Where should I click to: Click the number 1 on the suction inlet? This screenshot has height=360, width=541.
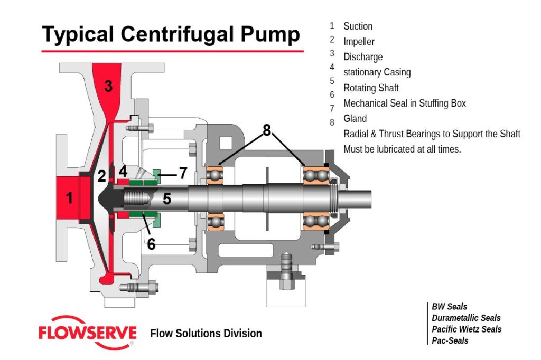click(x=69, y=198)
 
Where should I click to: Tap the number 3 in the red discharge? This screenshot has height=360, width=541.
click(x=108, y=86)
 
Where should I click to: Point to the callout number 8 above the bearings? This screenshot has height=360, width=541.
click(x=267, y=130)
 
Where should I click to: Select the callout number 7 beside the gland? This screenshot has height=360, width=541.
click(x=183, y=173)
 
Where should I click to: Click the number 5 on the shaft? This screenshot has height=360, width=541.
click(x=167, y=198)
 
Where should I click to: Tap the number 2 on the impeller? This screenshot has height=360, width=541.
click(x=101, y=176)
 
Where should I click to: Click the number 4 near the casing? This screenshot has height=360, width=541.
click(x=123, y=171)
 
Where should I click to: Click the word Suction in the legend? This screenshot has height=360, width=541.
click(x=358, y=26)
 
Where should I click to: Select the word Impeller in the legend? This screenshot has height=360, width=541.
click(x=359, y=41)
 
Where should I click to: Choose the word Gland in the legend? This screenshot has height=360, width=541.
click(x=355, y=118)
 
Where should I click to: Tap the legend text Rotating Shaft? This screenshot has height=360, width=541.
click(x=371, y=88)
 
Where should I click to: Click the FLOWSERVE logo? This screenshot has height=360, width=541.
click(x=87, y=333)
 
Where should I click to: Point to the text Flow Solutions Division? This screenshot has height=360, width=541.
click(x=206, y=334)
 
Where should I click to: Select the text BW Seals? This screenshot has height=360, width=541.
click(x=449, y=307)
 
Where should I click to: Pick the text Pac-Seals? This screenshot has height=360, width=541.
click(x=450, y=340)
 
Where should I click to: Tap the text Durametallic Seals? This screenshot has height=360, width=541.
click(x=466, y=318)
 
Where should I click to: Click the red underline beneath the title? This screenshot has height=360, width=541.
click(x=173, y=51)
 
